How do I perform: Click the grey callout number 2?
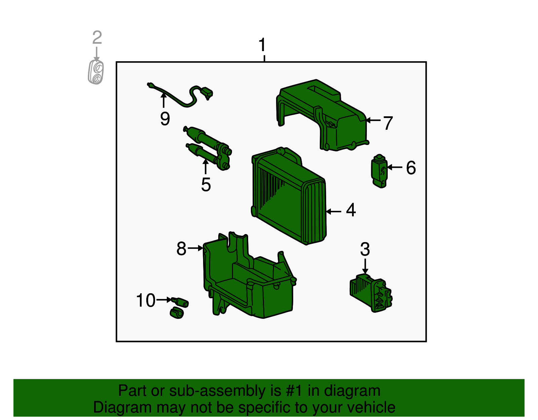point(97,37)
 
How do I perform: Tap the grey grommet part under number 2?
point(95,72)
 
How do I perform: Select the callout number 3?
point(365,249)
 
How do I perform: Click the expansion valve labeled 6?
point(379,171)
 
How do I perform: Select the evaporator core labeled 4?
point(289,195)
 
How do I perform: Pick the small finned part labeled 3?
point(371,293)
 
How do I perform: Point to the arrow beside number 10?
point(164,300)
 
